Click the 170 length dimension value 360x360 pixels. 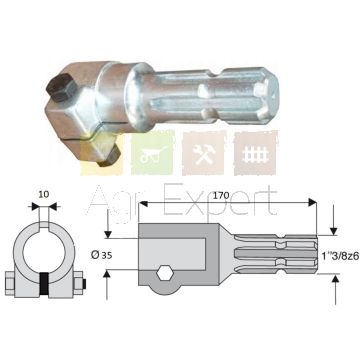222,196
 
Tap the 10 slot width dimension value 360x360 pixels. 44,195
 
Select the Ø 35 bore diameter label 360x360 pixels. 101,255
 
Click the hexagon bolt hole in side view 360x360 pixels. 163,274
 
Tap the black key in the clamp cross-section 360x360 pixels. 44,283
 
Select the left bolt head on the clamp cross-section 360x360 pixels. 10,283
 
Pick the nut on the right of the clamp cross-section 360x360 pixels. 79,283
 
